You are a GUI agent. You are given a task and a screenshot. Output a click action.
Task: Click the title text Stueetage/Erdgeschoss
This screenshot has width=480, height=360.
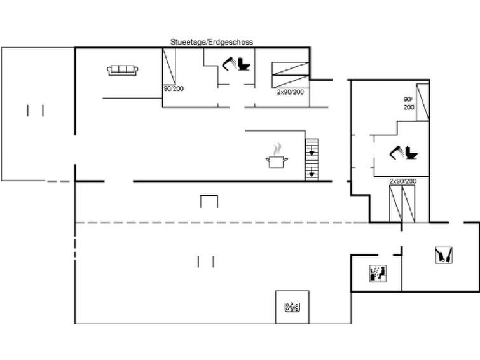point(212,42)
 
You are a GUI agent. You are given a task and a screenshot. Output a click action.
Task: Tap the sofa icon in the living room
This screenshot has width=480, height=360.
point(123,70)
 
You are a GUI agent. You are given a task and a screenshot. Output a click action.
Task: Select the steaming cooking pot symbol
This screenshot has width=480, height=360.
point(277,156)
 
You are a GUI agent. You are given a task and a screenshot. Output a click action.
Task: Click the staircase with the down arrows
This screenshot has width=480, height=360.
point(312,159)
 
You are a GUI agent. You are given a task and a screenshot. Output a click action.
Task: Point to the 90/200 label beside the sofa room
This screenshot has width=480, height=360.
point(174,88)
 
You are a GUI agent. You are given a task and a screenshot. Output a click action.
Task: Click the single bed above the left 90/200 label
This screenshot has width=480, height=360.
point(168,66)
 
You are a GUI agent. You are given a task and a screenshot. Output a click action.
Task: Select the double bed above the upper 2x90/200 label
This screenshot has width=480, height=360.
point(291,75)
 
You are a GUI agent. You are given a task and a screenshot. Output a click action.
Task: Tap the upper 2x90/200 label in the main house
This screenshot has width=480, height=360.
point(290,92)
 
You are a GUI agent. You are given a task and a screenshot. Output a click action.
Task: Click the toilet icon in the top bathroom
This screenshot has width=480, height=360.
point(244,64)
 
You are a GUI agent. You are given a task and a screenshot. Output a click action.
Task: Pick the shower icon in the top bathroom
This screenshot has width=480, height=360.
point(229,64)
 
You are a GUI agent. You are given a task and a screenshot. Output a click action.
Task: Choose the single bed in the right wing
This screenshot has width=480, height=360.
point(422,102)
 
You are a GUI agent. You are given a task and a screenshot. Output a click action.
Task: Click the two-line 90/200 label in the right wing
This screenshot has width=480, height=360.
point(409,103)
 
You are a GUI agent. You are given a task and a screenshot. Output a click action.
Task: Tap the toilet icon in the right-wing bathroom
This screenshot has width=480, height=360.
point(411,153)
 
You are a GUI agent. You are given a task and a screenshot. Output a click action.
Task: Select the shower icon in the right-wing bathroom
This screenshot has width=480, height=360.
point(397,153)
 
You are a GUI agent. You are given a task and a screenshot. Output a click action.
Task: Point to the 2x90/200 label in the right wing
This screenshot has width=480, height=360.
point(403,181)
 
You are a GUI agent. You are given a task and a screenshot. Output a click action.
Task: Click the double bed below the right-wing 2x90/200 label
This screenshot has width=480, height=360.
point(402,204)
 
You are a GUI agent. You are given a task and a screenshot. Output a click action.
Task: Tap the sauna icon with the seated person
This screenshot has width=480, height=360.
point(378,273)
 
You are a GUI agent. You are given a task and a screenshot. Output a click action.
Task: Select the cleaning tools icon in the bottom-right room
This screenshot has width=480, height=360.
point(444,255)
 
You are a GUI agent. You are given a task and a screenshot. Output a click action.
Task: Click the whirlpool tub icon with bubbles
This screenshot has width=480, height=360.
point(292,307)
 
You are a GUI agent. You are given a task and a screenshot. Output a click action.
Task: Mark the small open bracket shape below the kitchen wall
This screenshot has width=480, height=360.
point(209,201)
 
